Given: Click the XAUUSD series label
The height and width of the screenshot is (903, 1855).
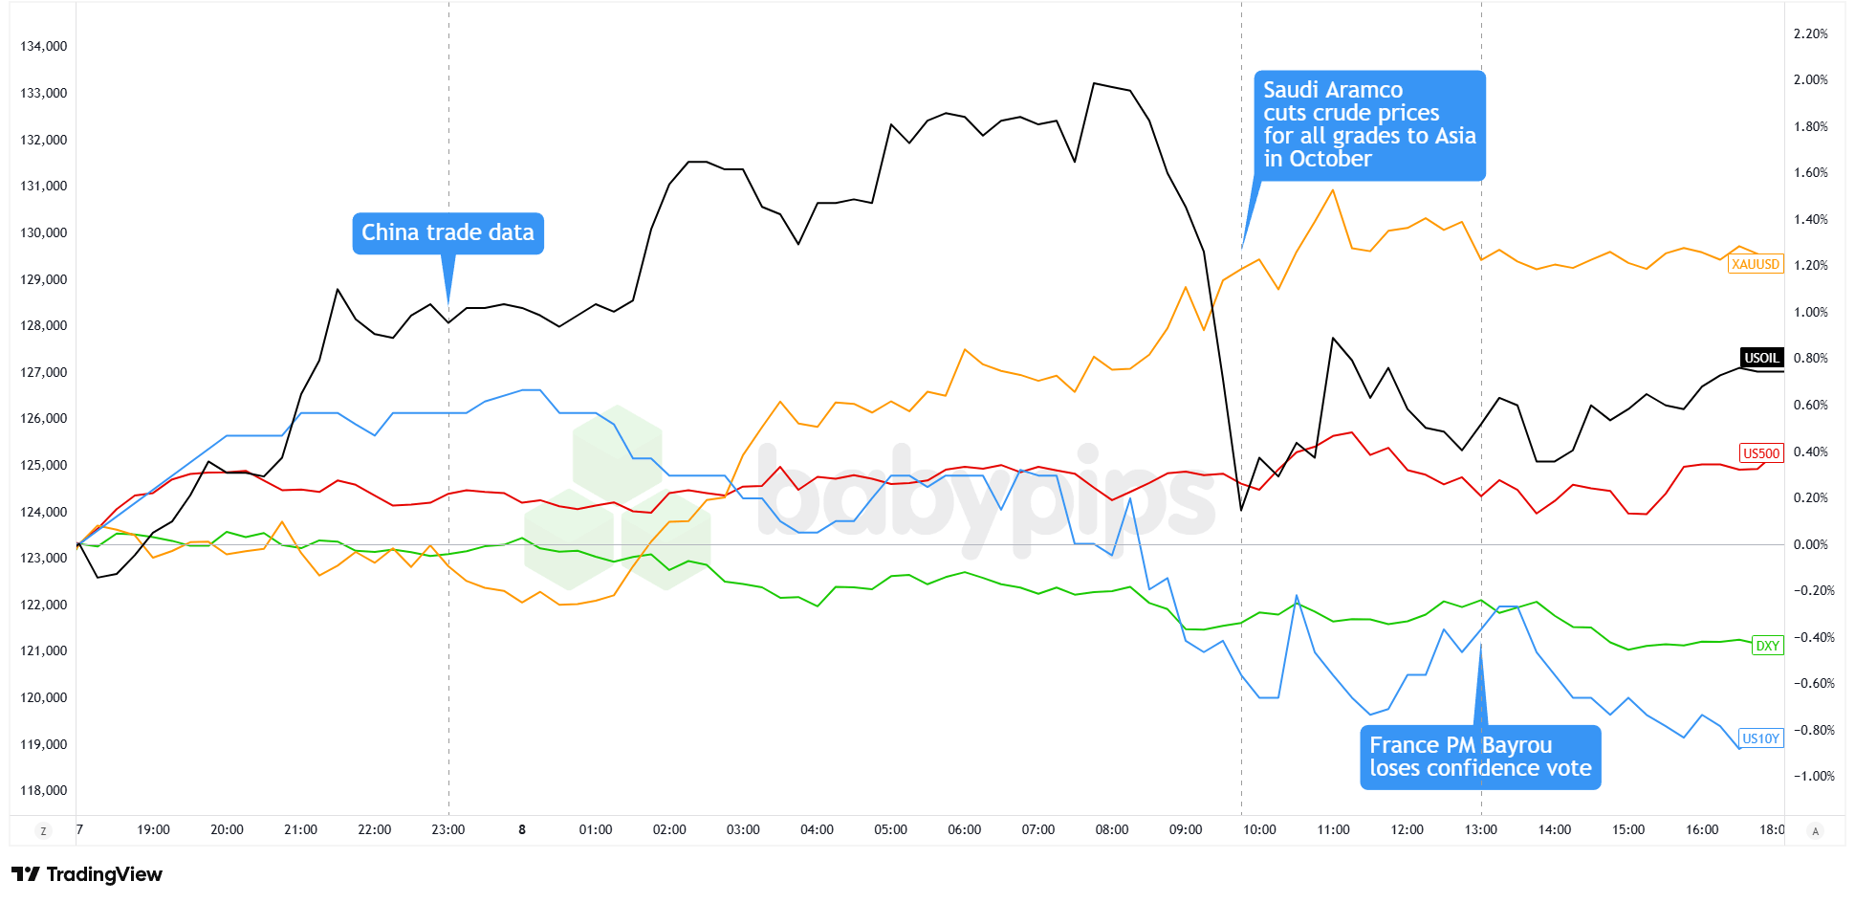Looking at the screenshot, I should click(1756, 264).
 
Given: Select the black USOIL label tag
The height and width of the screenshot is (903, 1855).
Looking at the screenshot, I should click(1761, 358).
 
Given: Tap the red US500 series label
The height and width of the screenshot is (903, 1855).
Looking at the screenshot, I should click(1761, 453).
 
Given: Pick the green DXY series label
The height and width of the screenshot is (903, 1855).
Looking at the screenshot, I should click(1767, 646).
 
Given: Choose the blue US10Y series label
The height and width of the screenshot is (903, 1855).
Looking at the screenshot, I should click(1760, 738).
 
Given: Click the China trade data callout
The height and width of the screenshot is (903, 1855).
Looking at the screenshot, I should click(447, 233).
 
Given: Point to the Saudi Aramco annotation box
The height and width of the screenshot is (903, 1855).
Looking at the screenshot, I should click(1369, 125).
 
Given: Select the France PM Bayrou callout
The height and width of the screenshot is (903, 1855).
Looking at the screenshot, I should click(1480, 757).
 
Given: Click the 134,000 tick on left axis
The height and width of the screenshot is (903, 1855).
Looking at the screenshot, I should click(44, 46).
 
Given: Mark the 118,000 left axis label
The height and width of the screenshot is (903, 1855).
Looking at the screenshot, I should click(44, 790).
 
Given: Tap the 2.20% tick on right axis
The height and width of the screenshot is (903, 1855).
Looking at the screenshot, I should click(1810, 33).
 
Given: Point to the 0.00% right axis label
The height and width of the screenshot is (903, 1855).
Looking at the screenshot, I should click(1810, 544).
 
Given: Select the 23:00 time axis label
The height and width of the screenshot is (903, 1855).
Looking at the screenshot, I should click(447, 829).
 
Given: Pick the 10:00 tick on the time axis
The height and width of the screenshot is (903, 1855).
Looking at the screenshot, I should click(1259, 829).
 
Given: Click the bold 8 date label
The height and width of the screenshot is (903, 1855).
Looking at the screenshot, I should click(522, 829).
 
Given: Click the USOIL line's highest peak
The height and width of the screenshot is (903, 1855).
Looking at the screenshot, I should click(1094, 83).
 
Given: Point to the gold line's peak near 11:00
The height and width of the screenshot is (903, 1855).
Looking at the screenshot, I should click(1332, 190).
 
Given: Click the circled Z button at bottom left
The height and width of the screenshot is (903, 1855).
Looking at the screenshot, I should click(43, 830).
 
